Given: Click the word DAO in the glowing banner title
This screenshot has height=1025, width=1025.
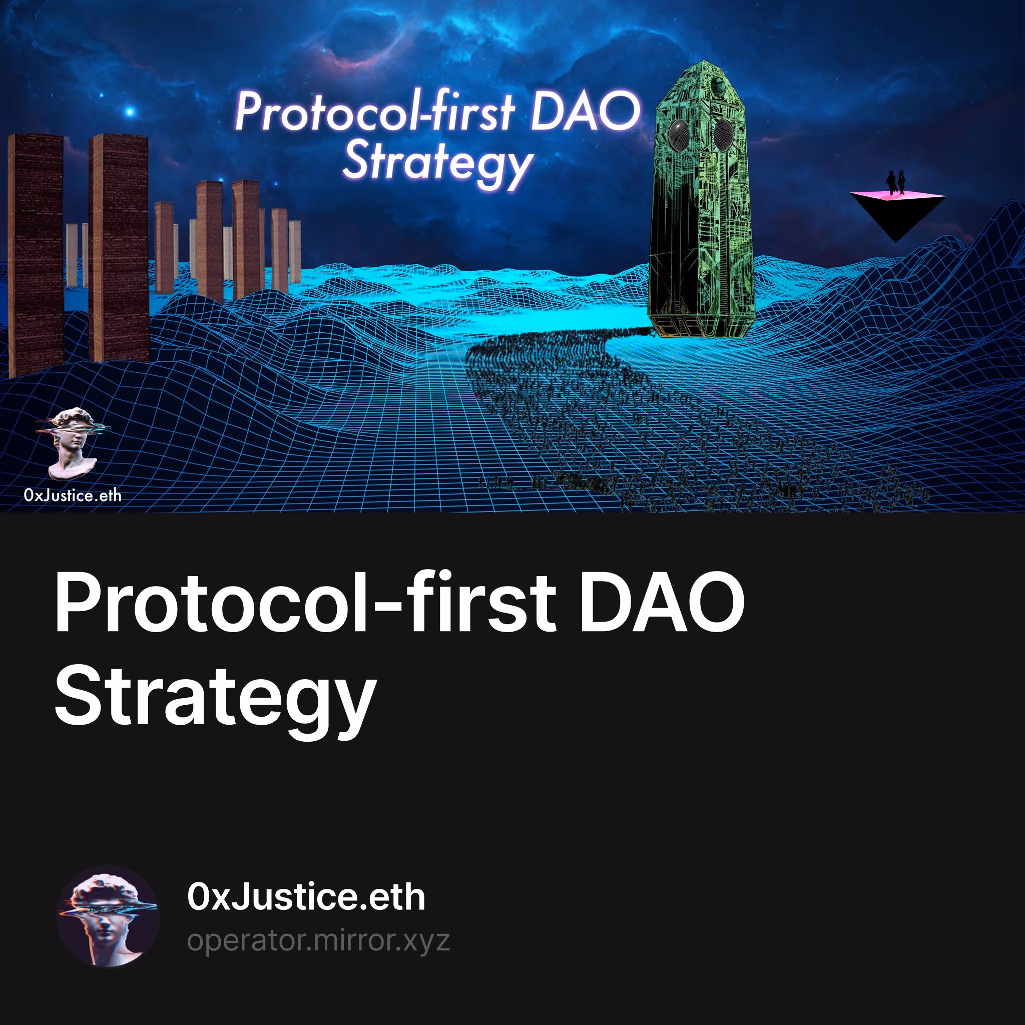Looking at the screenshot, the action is (586, 111).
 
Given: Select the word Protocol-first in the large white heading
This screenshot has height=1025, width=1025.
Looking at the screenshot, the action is (306, 603).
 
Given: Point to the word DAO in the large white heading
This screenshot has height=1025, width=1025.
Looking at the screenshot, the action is (662, 603).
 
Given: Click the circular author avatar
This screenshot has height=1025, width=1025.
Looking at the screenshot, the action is (108, 917).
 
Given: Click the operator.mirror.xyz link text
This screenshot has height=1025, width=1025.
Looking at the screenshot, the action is (318, 940).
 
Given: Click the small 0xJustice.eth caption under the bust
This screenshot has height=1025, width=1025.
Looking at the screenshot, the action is (73, 495).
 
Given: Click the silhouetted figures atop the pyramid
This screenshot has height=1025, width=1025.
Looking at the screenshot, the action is (896, 183).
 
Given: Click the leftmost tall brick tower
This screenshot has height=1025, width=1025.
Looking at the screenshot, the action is (36, 255).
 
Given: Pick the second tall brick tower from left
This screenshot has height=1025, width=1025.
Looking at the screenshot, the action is (119, 248).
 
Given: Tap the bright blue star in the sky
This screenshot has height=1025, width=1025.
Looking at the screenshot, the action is (130, 112).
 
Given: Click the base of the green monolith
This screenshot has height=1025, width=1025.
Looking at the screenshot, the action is (701, 326).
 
